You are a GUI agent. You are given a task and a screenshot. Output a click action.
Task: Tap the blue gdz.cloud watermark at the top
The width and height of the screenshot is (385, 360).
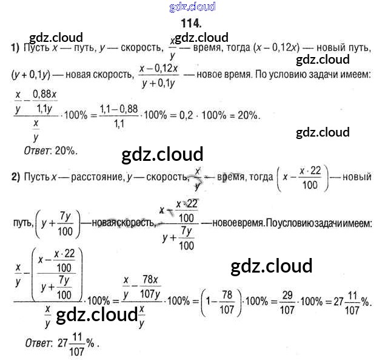click(x=193, y=7)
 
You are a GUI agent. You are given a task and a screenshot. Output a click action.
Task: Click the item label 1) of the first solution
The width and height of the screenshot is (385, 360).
click(x=15, y=47)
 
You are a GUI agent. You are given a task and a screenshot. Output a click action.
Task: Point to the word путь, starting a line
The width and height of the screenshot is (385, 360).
click(x=22, y=223)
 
